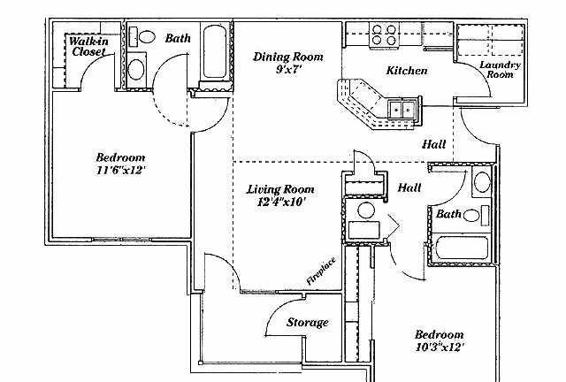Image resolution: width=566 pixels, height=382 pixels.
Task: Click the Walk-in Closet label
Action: (x=88, y=46)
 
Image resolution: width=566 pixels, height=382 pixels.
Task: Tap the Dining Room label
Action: (x=288, y=57)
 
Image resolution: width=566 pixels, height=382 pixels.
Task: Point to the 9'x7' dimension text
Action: (x=288, y=69)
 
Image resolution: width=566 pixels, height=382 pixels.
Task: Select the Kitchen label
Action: (x=407, y=71)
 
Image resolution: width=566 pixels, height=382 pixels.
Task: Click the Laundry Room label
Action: (x=500, y=70)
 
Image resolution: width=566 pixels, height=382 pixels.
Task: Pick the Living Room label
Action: (x=280, y=189)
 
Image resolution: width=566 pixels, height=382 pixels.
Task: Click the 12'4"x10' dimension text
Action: (x=281, y=202)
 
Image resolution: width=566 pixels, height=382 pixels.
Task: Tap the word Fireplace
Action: (x=321, y=271)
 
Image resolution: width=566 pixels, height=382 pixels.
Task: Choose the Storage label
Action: (x=308, y=322)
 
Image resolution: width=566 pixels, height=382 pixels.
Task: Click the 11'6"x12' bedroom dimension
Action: (x=121, y=170)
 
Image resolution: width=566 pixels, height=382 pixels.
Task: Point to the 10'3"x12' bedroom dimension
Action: (x=440, y=348)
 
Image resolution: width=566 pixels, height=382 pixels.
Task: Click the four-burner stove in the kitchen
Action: (x=383, y=34)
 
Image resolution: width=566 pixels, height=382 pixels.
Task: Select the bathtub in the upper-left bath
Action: (x=214, y=51)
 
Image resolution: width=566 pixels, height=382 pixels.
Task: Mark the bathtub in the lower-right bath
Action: (x=462, y=248)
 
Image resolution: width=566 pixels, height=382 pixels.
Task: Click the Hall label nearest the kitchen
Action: (x=434, y=145)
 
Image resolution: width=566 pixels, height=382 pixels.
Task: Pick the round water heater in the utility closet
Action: (x=365, y=210)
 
